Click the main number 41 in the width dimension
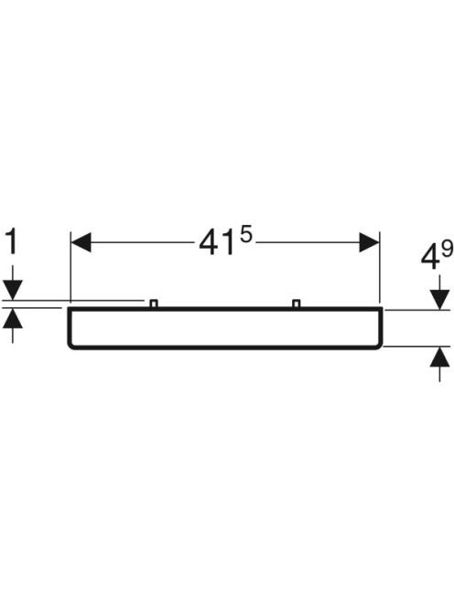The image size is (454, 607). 217,244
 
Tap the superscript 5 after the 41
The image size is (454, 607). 246,235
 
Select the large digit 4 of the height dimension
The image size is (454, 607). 430,258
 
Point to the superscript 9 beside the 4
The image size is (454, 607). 447,250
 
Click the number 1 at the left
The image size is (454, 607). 13,242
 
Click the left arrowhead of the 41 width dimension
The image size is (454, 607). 81,242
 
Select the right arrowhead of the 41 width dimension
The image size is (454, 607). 369,242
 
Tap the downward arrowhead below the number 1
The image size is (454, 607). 13,290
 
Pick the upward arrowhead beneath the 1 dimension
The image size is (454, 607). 13,318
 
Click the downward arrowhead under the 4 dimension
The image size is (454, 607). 439,300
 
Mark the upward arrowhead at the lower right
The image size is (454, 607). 439,357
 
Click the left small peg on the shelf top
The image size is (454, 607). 154,303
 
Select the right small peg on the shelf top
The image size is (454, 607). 297,303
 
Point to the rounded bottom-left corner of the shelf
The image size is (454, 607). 71,346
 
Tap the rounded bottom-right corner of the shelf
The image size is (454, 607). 379,346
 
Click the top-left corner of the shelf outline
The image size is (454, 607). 69,309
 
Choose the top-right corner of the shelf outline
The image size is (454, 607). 382,309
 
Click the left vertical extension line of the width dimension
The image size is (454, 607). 70,267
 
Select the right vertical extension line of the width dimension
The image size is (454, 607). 380,267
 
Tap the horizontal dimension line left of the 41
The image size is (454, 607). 143,242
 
